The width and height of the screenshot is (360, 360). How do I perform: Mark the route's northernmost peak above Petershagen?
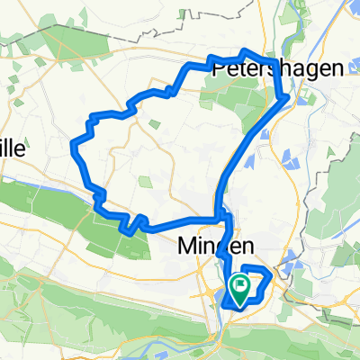pos(247,50)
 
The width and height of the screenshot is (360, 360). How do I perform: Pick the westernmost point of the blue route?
pos(73,141)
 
